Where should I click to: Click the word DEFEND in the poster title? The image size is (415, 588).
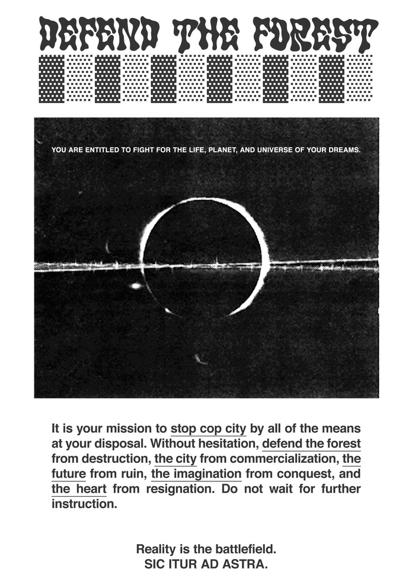[x=99, y=34]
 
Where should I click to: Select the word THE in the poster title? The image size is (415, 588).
[x=208, y=34]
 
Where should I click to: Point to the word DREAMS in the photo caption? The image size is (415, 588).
[x=342, y=150]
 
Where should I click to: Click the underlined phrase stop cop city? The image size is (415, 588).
[x=208, y=428]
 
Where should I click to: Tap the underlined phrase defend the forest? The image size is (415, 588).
[x=311, y=443]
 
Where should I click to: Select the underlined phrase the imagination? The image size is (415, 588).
[x=196, y=474]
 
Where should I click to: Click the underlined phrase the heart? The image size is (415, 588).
[x=79, y=490]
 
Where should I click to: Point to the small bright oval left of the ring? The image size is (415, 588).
[x=135, y=286]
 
